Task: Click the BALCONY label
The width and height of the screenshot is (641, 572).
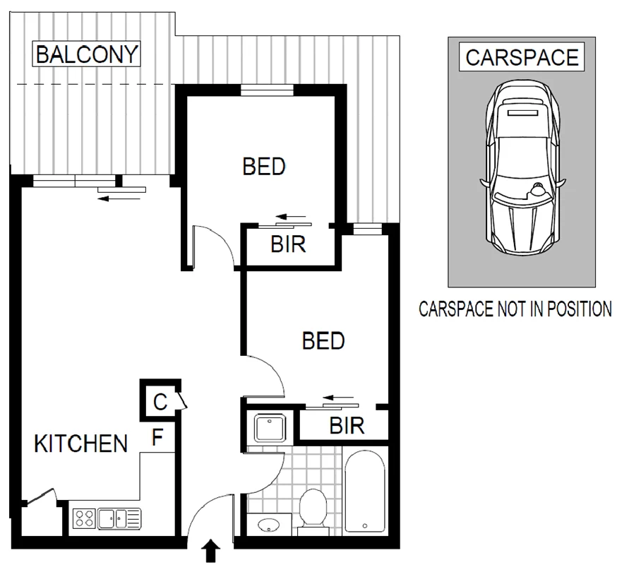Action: tap(87, 54)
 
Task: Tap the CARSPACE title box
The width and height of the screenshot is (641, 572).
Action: tap(522, 57)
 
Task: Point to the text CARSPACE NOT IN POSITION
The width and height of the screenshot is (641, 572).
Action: tap(515, 309)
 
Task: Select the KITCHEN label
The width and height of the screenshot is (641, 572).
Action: tap(81, 444)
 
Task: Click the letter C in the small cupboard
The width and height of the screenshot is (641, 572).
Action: tap(160, 403)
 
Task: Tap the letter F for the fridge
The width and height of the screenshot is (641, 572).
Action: tap(158, 439)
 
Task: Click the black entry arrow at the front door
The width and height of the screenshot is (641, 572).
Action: tap(212, 552)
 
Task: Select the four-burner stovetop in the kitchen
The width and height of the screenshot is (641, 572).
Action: tap(85, 519)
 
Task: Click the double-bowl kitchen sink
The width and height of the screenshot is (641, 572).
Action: tap(119, 519)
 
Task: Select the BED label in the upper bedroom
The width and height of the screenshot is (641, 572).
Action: tap(264, 167)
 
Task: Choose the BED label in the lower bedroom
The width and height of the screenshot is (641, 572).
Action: tap(323, 341)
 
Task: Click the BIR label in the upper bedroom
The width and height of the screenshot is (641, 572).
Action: tap(288, 245)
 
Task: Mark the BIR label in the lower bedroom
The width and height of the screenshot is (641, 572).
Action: tap(347, 426)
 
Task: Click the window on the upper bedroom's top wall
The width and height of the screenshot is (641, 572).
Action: tap(266, 89)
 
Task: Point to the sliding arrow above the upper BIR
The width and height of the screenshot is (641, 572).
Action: tap(290, 216)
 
